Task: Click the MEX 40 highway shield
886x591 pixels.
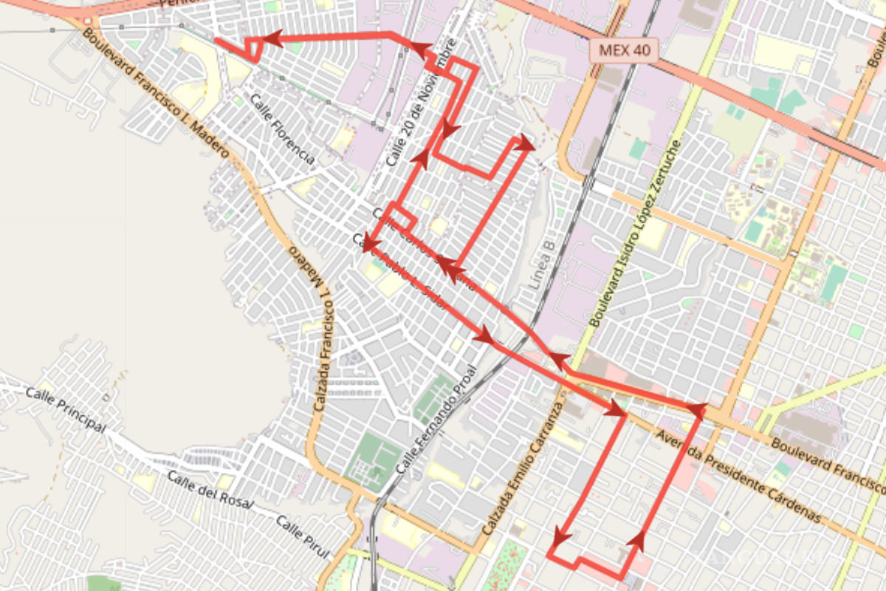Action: (x=624, y=51)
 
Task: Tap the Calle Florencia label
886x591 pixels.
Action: (x=283, y=130)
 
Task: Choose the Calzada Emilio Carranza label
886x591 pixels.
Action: (x=523, y=469)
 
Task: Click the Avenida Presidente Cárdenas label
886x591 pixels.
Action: (x=738, y=476)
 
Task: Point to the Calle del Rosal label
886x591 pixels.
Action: (x=210, y=490)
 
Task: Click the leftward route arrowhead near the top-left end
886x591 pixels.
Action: (x=272, y=38)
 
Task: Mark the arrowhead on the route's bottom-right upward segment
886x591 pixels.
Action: (x=636, y=541)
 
